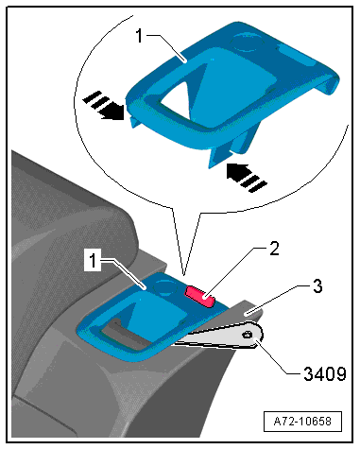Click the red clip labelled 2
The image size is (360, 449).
[199, 296]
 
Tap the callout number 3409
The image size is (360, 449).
[325, 374]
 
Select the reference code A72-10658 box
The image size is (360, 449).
[302, 422]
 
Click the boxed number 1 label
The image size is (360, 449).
[93, 261]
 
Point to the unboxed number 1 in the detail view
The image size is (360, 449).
[139, 35]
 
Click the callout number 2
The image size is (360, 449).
[274, 249]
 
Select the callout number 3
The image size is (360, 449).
[317, 286]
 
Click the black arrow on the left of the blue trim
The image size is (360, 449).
[103, 106]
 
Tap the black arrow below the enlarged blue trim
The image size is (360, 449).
[247, 178]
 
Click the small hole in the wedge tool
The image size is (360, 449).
[247, 335]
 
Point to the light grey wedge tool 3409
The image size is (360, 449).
[220, 337]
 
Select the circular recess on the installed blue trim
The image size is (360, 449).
[164, 287]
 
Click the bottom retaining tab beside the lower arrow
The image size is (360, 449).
[217, 157]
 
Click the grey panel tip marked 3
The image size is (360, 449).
[249, 310]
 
